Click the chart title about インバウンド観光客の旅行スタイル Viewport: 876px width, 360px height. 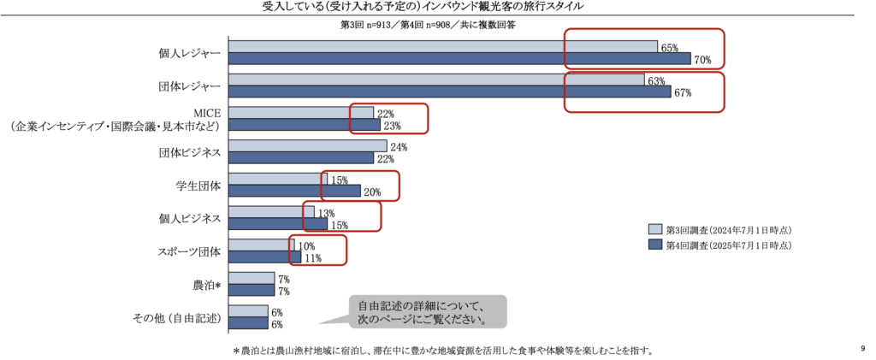click(437, 8)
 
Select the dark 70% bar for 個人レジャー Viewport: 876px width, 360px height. click(459, 59)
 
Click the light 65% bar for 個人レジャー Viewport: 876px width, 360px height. click(442, 47)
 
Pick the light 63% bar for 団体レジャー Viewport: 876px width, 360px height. click(435, 80)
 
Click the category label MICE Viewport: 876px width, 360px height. click(207, 112)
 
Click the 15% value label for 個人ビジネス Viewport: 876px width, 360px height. click(340, 225)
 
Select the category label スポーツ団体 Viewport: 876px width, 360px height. click(189, 251)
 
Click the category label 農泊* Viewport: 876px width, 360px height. click(207, 285)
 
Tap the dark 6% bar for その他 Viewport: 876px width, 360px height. click(248, 323)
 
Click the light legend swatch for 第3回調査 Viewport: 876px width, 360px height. click(655, 229)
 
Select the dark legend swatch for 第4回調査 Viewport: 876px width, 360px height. click(655, 245)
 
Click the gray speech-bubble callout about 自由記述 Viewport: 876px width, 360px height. click(428, 312)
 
